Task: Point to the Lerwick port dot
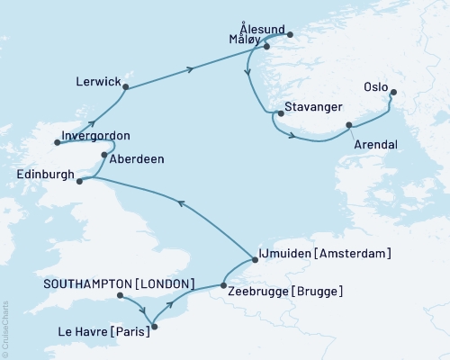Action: click(126, 87)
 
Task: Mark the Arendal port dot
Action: click(348, 125)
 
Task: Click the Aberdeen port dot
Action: click(104, 156)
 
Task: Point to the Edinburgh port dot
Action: click(79, 181)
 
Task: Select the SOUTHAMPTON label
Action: click(87, 283)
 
